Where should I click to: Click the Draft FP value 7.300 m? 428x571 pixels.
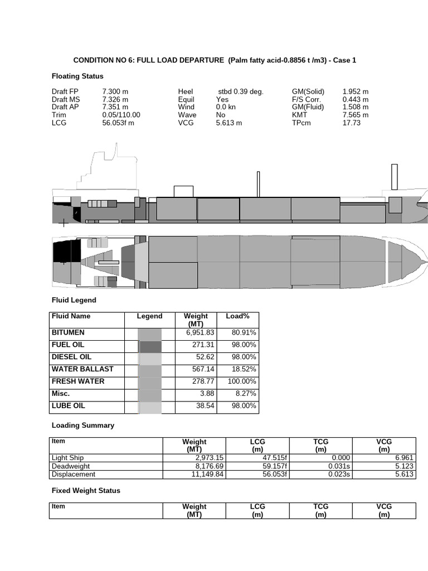115,91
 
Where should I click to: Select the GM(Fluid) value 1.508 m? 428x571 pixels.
355,107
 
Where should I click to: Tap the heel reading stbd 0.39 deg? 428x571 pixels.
241,91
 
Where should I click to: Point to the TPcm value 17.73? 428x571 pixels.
351,123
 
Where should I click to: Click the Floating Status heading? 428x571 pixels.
77,76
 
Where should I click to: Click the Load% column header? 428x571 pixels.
237,316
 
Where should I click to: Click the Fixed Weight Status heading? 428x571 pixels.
86,491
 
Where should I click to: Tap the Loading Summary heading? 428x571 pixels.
83,425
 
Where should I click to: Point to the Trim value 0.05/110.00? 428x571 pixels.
121,115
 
